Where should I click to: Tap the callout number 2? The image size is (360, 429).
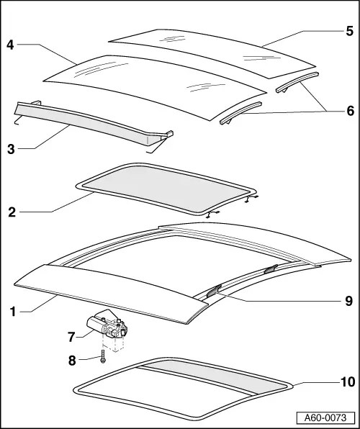tap(12, 212)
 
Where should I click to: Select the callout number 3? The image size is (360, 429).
tap(12, 149)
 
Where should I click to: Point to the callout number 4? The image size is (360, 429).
tap(10, 45)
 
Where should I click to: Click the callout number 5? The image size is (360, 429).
tap(349, 31)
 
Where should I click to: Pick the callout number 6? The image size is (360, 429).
tap(349, 112)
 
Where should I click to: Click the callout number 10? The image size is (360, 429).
tap(347, 381)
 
